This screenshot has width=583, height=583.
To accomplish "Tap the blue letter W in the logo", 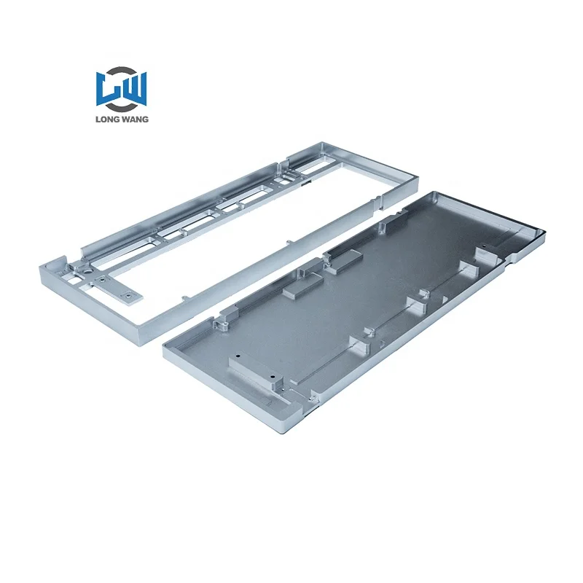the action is [133, 88].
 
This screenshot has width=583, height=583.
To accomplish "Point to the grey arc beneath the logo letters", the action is [121, 109].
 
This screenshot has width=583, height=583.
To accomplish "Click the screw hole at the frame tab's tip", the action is [129, 295].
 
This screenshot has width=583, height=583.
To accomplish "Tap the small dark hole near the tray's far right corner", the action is [484, 246].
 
